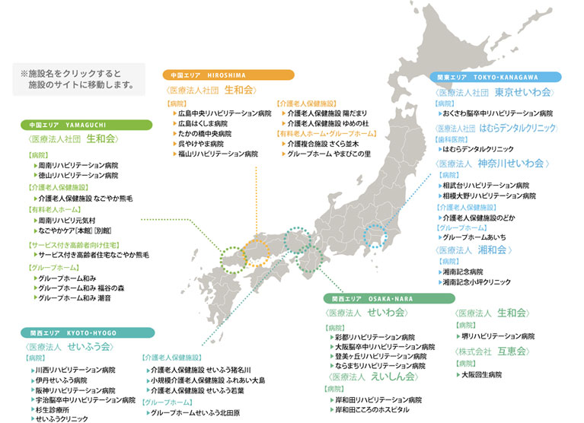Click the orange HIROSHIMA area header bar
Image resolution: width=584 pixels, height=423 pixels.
point(228,75)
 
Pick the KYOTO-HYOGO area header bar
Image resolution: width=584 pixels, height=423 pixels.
point(87,332)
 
